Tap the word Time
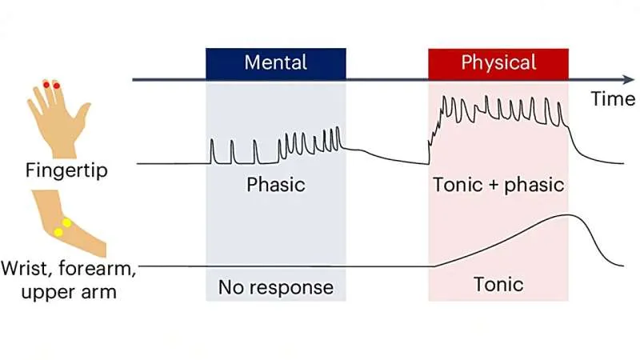tap(612, 98)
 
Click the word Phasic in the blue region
tap(276, 185)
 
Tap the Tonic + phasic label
tap(498, 185)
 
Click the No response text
tap(276, 286)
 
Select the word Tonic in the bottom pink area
tap(498, 284)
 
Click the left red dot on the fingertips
tap(46, 84)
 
